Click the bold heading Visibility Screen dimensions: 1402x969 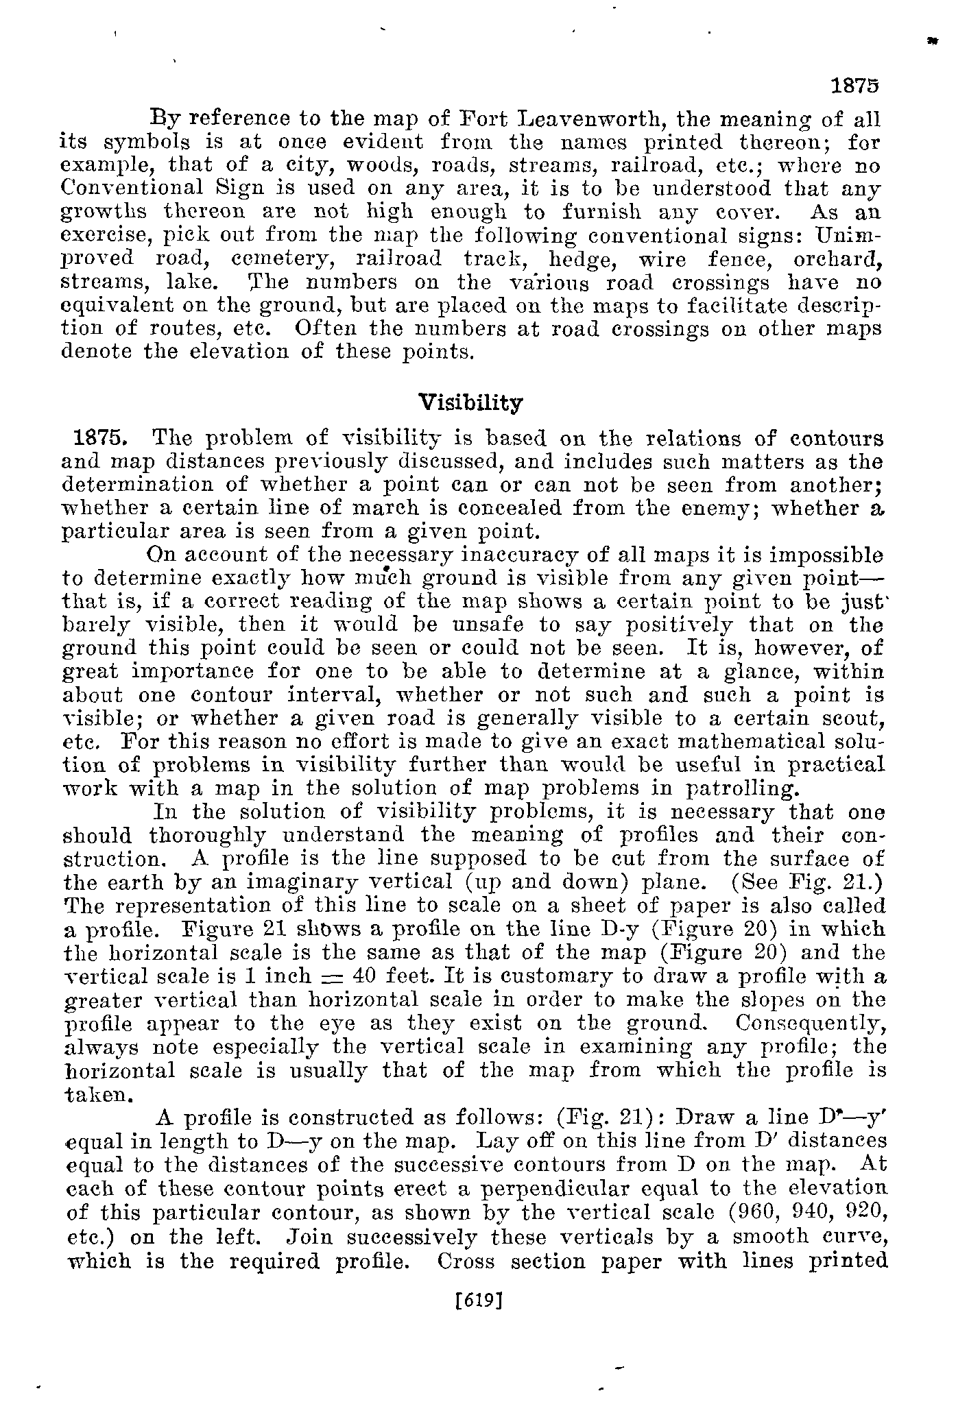(470, 402)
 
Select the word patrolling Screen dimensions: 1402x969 (741, 788)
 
